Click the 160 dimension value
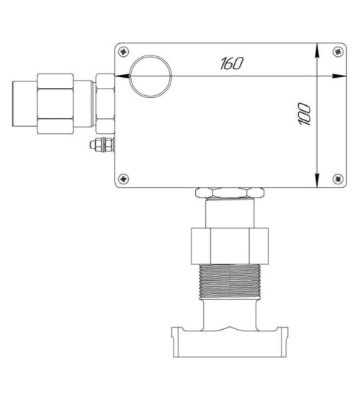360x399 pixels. pyautogui.click(x=232, y=63)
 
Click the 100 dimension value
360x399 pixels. pyautogui.click(x=305, y=115)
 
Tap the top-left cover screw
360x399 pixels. pyautogui.click(x=124, y=52)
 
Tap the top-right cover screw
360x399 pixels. pyautogui.click(x=338, y=52)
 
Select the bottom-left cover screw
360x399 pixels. pyautogui.click(x=124, y=179)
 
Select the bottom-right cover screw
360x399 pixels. pyautogui.click(x=338, y=179)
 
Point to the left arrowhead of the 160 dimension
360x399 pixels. pyautogui.click(x=122, y=76)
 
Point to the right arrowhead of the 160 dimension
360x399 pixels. pyautogui.click(x=339, y=76)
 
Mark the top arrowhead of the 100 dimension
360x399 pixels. pyautogui.click(x=317, y=50)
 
